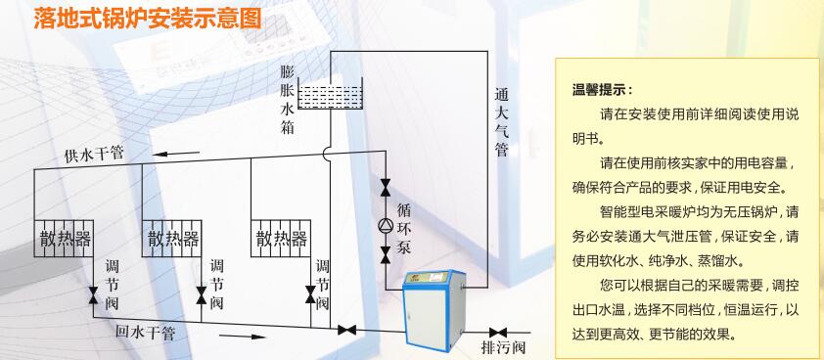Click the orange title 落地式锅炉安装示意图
[148, 19]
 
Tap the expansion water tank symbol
[330, 94]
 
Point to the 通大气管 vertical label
[501, 122]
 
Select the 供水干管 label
[94, 155]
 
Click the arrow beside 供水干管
[176, 154]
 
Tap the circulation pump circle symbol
[386, 225]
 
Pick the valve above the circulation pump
[386, 186]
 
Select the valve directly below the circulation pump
[386, 254]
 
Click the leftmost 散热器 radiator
[64, 238]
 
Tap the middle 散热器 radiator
[172, 238]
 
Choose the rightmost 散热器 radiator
[281, 238]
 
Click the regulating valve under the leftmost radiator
[94, 294]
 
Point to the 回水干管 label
[145, 333]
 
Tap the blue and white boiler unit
[434, 310]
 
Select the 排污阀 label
[503, 347]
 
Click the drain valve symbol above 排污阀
[498, 333]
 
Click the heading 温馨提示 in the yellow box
[602, 89]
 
